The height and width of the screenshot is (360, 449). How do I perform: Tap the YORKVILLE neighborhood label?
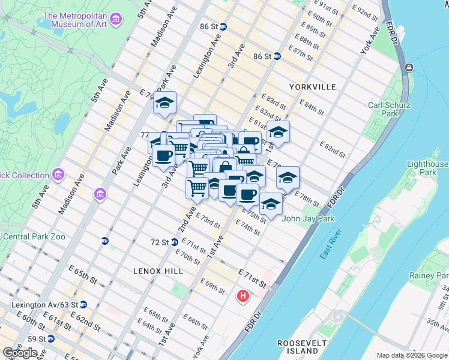(312, 87)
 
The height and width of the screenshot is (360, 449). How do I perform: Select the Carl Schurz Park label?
(390, 109)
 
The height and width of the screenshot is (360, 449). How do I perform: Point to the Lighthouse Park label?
(427, 168)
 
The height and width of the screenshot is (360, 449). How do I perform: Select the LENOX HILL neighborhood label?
(158, 271)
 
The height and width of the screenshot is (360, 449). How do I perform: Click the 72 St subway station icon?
(174, 242)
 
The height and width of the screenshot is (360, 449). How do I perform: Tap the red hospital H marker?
(243, 296)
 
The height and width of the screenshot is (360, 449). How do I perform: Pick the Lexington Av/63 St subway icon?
(83, 305)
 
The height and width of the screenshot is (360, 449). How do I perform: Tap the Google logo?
(20, 352)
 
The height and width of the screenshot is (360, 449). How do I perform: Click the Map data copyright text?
(411, 355)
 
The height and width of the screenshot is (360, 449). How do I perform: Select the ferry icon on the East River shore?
(409, 67)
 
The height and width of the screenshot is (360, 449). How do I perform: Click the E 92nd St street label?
(369, 12)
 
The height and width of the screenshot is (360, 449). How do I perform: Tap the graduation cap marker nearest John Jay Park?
(271, 204)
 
